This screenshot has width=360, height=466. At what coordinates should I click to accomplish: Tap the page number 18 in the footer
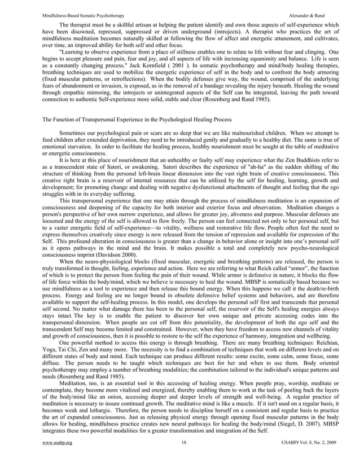pyautogui.click(x=180, y=459)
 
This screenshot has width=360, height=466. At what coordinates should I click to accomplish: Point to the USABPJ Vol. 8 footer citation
pyautogui.click(x=308, y=459)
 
